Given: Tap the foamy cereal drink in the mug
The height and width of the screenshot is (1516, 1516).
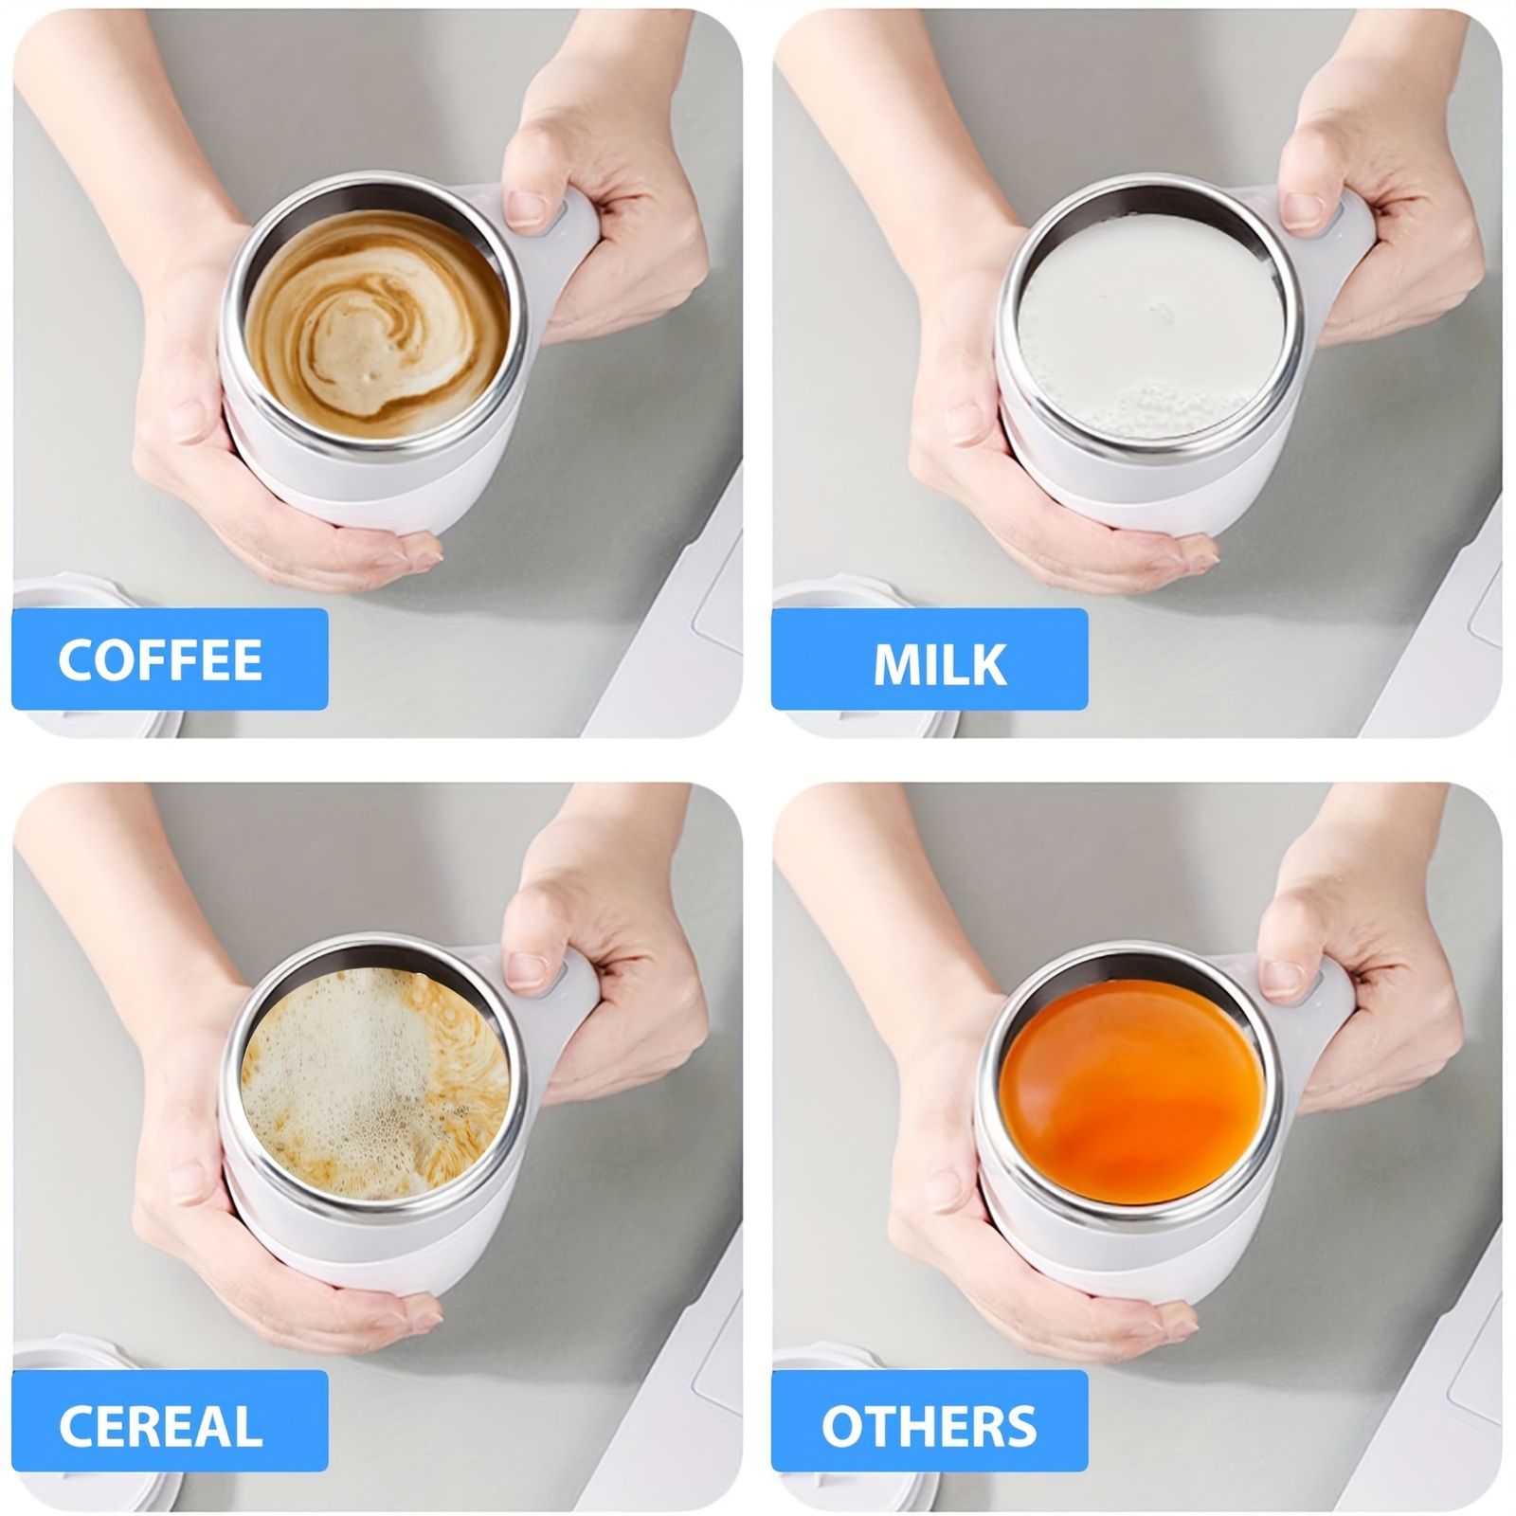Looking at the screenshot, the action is pyautogui.click(x=376, y=1085).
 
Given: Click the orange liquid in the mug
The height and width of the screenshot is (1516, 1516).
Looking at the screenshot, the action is pyautogui.click(x=1132, y=1090).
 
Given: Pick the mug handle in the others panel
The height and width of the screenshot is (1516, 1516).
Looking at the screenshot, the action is pyautogui.click(x=1326, y=995).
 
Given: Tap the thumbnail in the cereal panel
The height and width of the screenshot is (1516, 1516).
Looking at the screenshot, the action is pyautogui.click(x=527, y=972).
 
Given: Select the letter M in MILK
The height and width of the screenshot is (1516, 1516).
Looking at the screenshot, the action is pyautogui.click(x=897, y=665).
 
